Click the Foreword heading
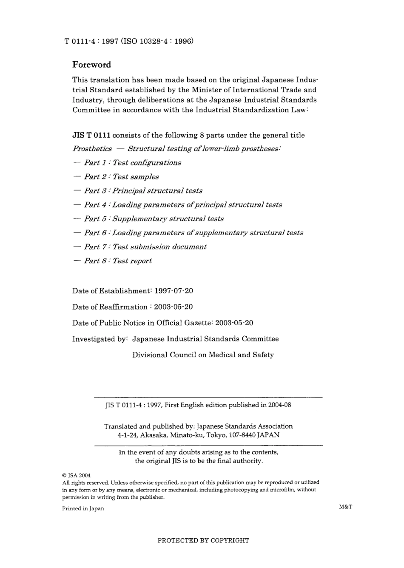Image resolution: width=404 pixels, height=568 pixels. point(91,65)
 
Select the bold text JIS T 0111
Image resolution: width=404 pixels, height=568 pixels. point(91,135)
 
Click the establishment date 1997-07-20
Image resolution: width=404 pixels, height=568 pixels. point(174,291)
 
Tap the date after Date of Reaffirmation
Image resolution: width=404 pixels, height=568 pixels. point(173,307)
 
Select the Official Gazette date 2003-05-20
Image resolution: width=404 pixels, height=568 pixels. point(234,323)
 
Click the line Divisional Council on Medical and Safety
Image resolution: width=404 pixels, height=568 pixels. point(203,355)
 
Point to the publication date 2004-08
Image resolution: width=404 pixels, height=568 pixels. point(279,405)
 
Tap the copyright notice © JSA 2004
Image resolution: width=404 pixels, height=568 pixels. point(77,475)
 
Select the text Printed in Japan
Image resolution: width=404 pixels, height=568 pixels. point(83,508)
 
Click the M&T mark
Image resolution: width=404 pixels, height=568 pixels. point(346,507)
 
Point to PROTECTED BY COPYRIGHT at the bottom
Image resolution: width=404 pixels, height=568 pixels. point(203,541)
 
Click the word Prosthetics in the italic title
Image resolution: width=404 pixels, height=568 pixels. point(92,149)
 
